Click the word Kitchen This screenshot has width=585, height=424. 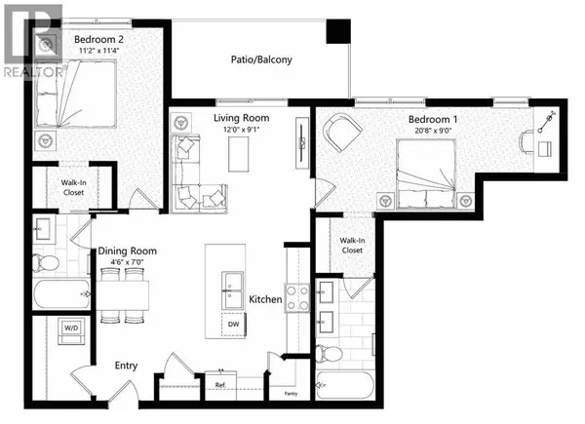point(265,299)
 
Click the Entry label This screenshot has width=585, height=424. point(125,366)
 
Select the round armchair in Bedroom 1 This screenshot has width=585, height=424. point(342,132)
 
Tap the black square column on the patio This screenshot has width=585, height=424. point(337,30)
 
